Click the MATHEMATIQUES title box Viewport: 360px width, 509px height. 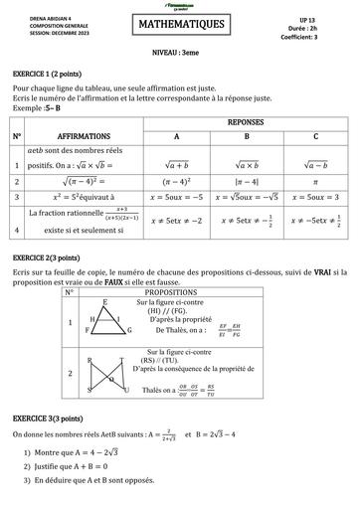(x=180, y=23)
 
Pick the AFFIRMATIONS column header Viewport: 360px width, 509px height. (x=85, y=134)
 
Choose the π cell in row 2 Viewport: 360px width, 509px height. (x=316, y=182)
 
